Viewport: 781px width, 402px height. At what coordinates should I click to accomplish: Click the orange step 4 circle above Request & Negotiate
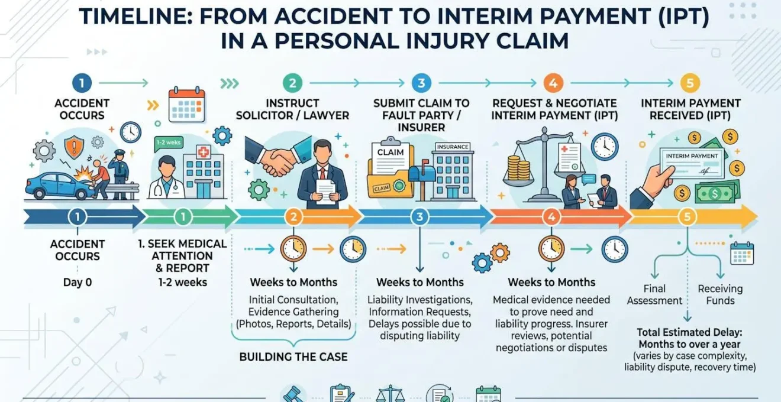point(553,83)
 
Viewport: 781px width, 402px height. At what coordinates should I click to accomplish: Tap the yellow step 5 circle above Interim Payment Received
point(690,83)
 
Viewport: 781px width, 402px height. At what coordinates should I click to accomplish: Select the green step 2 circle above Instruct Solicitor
point(292,83)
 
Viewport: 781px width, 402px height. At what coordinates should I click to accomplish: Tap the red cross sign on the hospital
point(204,153)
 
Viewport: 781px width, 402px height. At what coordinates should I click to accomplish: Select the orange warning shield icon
point(74,147)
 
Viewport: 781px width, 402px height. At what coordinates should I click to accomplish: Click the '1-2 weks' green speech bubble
point(169,143)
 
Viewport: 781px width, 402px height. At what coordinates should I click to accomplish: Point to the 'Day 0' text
point(78,282)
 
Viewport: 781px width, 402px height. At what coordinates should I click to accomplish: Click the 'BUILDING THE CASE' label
point(293,356)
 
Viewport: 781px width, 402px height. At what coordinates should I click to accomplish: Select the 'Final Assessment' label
point(654,295)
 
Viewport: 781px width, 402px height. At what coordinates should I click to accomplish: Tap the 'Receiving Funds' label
point(720,295)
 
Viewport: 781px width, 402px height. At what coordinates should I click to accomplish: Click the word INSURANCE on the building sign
point(453,147)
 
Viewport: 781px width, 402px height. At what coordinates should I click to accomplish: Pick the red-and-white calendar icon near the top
point(186,105)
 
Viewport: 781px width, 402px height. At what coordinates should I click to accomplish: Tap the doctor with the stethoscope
point(167,178)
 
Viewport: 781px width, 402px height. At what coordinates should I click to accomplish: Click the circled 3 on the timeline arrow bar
point(419,217)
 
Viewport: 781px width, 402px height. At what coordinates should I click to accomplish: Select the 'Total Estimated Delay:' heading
point(689,332)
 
